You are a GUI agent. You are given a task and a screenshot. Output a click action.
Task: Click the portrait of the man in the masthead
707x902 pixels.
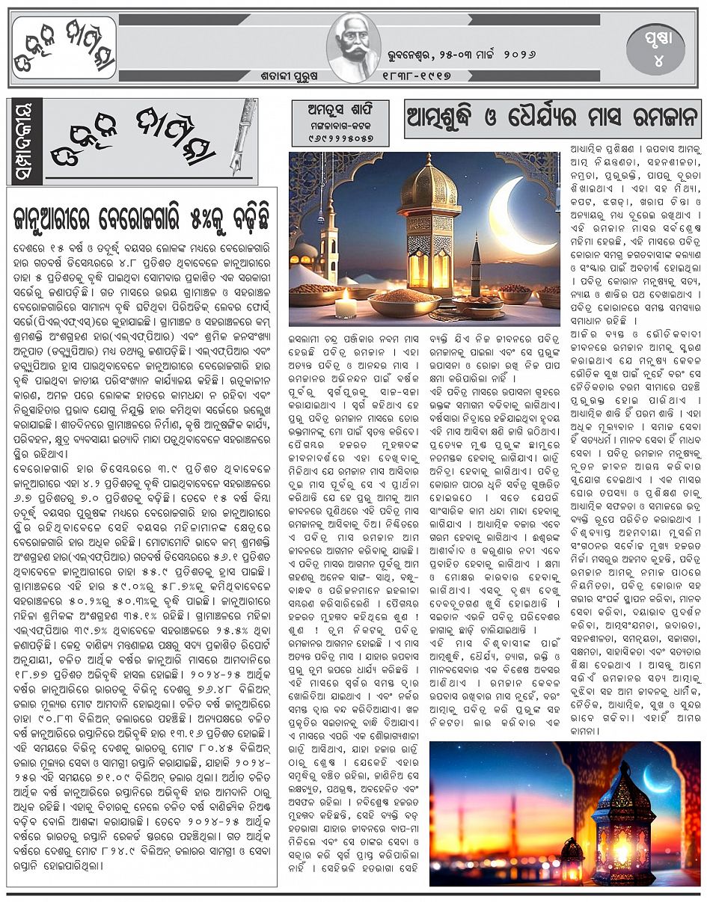pyautogui.click(x=354, y=46)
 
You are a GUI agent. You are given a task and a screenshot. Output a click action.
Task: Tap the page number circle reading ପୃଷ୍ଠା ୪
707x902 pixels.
pyautogui.click(x=656, y=47)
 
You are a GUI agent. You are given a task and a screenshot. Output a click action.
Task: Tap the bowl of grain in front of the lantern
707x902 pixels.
pyautogui.click(x=404, y=303)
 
